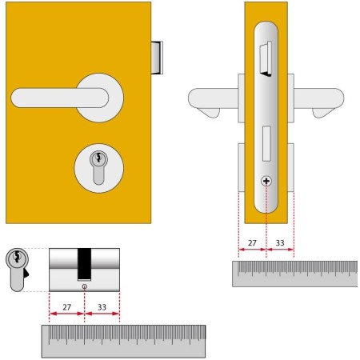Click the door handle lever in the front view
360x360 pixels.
point(59,98)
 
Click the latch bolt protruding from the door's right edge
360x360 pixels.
point(157,58)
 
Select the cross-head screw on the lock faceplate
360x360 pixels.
point(266,182)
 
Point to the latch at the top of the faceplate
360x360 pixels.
point(266,58)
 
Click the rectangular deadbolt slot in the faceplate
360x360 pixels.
point(266,143)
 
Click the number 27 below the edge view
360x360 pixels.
point(252,243)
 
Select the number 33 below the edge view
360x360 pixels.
point(280,243)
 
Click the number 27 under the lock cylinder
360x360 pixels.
point(66,307)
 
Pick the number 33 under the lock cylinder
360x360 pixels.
point(102,307)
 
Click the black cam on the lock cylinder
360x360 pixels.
point(84,264)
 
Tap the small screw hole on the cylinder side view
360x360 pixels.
point(85,286)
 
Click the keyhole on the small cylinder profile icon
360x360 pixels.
point(17,257)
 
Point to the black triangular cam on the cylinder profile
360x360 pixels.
point(26,274)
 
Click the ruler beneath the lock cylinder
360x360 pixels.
point(123,342)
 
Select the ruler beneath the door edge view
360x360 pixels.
point(294,274)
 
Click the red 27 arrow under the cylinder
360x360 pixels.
point(67,314)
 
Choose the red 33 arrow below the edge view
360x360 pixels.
point(280,250)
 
